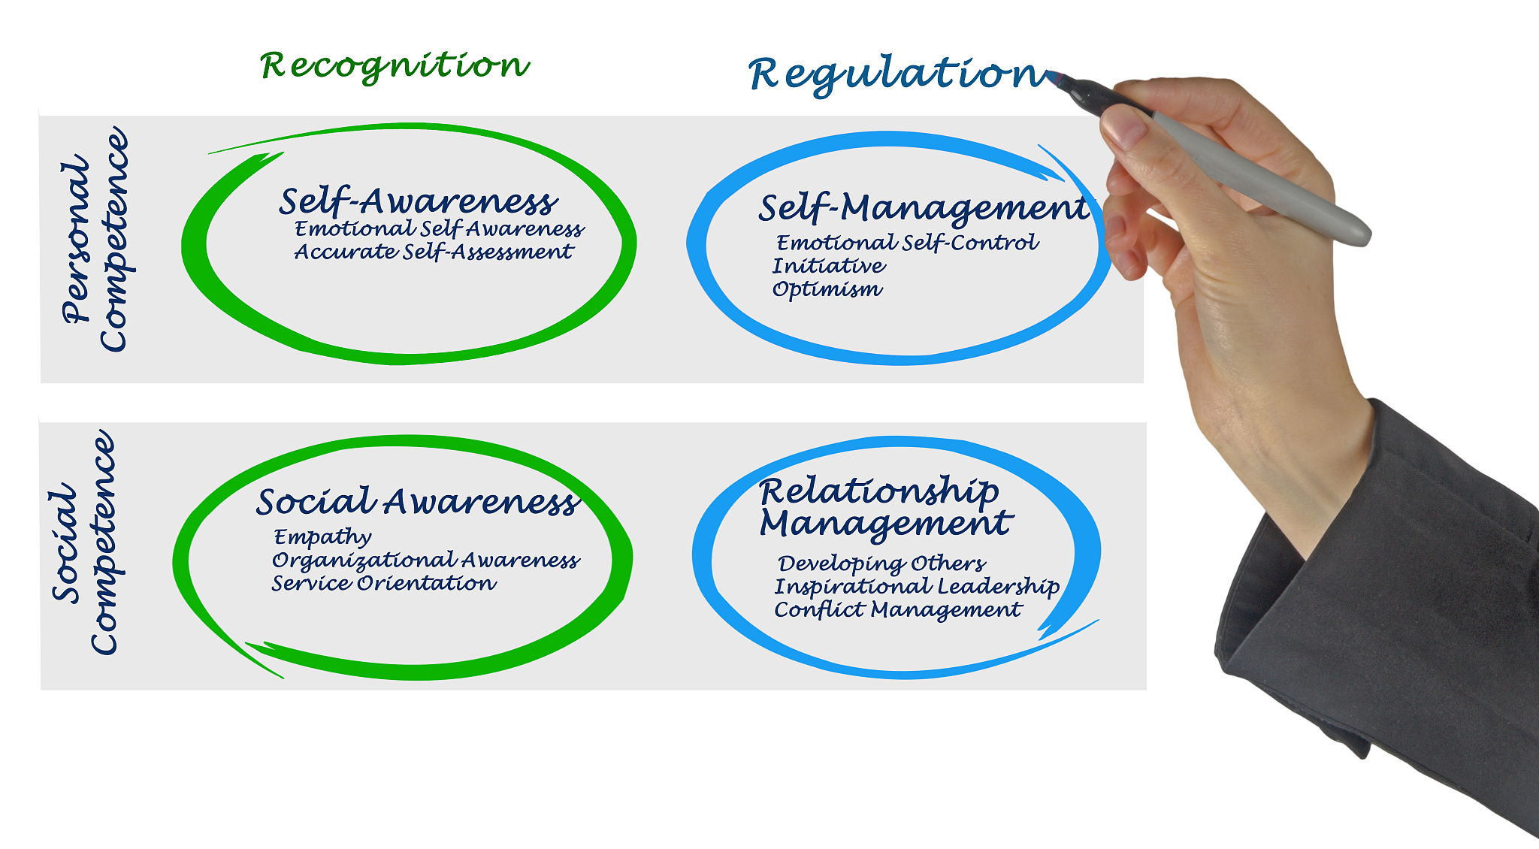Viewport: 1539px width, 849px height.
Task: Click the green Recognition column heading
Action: click(x=395, y=66)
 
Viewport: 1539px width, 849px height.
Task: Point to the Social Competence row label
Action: click(x=84, y=542)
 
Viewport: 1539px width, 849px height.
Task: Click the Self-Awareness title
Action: click(x=419, y=201)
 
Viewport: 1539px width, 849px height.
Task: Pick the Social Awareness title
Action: click(x=418, y=502)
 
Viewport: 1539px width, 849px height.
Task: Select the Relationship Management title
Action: click(x=886, y=508)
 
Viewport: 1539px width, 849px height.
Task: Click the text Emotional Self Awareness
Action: click(x=440, y=229)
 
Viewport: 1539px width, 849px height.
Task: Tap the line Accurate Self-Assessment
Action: click(x=434, y=252)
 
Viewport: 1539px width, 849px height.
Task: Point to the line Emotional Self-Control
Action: click(x=907, y=243)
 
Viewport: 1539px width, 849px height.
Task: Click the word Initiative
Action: click(x=829, y=266)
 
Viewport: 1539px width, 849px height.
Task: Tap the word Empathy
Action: click(x=322, y=537)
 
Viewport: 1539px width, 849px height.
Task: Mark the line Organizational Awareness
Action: click(x=425, y=560)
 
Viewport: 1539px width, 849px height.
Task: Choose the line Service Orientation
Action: click(x=384, y=584)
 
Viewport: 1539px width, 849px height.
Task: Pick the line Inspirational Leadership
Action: click(x=917, y=587)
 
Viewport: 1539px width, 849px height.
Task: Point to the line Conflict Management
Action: click(x=898, y=610)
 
